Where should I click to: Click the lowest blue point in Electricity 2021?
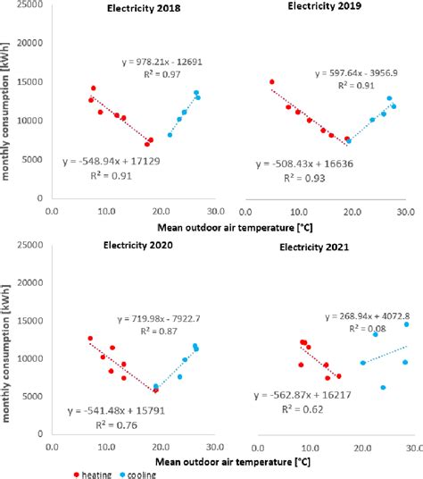tap(383, 387)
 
